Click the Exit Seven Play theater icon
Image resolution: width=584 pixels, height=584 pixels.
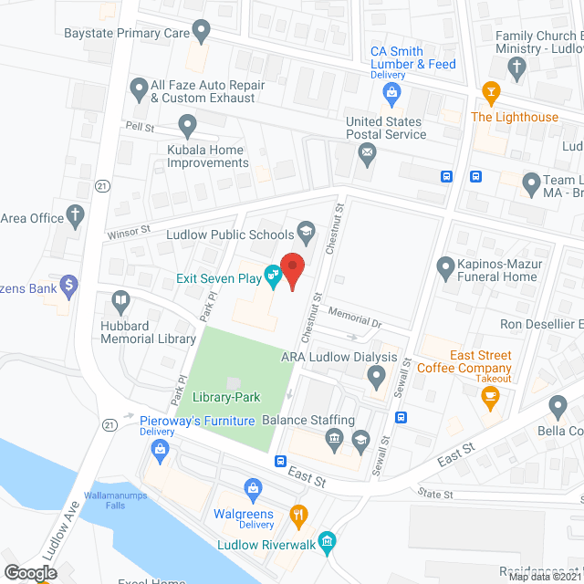[272, 274]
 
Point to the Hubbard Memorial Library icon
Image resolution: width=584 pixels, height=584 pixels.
[120, 299]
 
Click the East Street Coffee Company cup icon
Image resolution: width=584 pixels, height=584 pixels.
[491, 395]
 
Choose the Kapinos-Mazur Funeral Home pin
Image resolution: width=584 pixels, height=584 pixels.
[445, 267]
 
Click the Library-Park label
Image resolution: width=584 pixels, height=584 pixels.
[226, 397]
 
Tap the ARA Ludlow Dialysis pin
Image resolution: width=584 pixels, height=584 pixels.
[376, 375]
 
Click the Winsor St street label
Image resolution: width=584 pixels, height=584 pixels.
[128, 233]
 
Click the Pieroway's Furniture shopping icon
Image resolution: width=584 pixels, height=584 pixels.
[161, 448]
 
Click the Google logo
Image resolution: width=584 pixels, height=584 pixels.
[30, 572]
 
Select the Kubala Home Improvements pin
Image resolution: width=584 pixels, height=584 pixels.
[187, 123]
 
